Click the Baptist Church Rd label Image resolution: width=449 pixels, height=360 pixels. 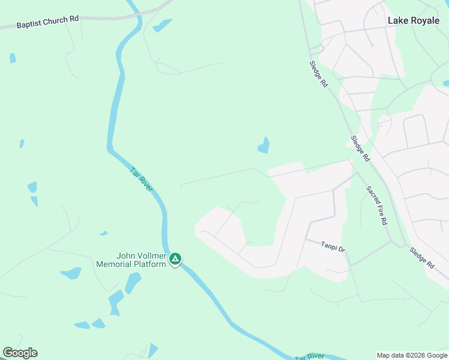pyautogui.click(x=47, y=22)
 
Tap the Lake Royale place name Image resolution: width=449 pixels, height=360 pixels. pyautogui.click(x=413, y=20)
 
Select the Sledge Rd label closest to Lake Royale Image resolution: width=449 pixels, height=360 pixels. pyautogui.click(x=319, y=74)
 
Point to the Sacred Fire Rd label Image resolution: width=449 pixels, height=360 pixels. pyautogui.click(x=377, y=205)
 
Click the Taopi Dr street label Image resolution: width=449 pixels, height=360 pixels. pyautogui.click(x=333, y=246)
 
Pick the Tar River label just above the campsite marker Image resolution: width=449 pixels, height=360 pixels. pyautogui.click(x=142, y=179)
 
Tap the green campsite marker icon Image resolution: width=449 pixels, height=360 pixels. pyautogui.click(x=175, y=259)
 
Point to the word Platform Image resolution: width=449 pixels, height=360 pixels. pyautogui.click(x=149, y=264)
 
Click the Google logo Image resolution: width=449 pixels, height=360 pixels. pyautogui.click(x=20, y=353)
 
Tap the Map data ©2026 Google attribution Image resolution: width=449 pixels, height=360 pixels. pyautogui.click(x=412, y=355)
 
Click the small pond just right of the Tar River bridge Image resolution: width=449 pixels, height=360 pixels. pyautogui.click(x=162, y=26)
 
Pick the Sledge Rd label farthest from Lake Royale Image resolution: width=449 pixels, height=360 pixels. pyautogui.click(x=423, y=257)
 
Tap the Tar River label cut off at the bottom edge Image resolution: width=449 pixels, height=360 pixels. pyautogui.click(x=309, y=356)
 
